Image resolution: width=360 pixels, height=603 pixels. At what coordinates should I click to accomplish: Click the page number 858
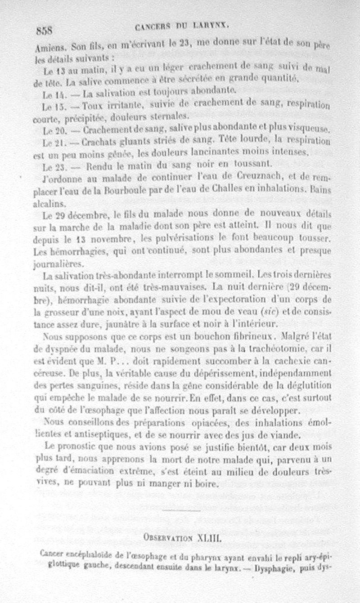(x=45, y=31)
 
